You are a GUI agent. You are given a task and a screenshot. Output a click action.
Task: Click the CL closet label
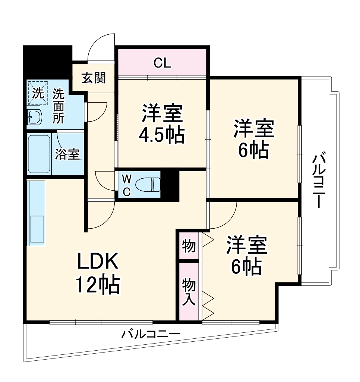[162, 63]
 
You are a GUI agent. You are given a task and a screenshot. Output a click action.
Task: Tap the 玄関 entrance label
[94, 78]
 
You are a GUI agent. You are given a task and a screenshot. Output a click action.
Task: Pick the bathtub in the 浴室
[39, 154]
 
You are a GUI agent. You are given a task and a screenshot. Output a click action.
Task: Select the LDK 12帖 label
[98, 273]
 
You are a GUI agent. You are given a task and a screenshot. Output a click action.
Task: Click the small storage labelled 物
[189, 246]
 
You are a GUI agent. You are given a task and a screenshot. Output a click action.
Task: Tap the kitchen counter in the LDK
[36, 213]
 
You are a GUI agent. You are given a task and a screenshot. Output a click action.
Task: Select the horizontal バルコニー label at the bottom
[151, 333]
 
